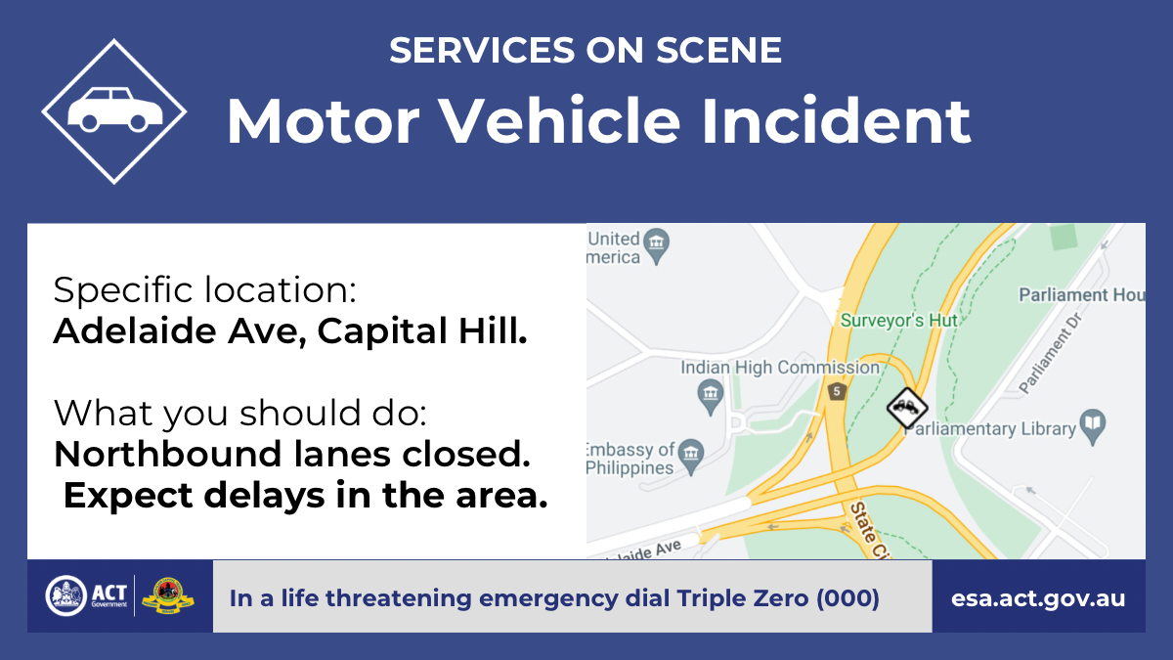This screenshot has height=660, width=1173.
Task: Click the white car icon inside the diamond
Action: point(114,109)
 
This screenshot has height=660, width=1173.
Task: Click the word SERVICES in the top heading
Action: point(482,50)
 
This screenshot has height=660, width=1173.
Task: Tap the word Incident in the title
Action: point(837,121)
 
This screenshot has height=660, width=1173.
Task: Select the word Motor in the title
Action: point(323,121)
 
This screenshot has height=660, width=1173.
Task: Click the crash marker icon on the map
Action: point(907,408)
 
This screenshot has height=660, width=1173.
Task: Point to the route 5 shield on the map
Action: point(837,391)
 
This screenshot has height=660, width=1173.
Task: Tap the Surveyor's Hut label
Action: point(898,320)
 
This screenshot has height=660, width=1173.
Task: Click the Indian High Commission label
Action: point(780,368)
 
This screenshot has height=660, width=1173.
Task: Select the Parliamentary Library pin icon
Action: point(1093,426)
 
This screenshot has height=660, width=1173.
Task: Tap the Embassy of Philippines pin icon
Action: point(691,457)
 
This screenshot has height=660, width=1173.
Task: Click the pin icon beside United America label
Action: point(656,245)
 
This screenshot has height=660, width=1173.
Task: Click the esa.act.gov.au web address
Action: point(1038,598)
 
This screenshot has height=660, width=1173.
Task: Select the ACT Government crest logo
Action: point(66,595)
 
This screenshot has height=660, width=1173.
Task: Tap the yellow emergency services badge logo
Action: point(168,596)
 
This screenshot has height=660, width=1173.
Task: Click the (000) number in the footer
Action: point(847,598)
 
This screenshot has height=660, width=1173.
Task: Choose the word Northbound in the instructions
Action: point(167,454)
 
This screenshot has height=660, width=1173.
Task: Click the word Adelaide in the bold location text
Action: point(135,331)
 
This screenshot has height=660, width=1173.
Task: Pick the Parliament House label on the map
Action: point(1082,295)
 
